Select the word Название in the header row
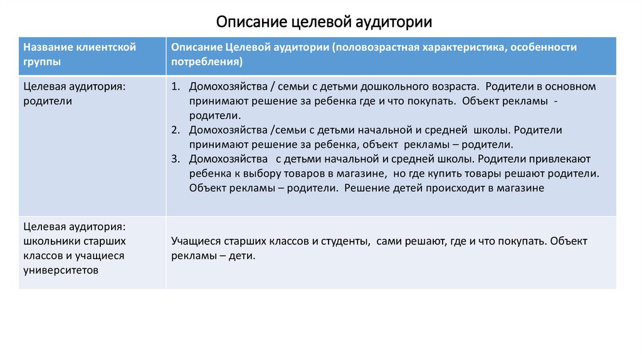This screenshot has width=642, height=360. tap(47, 48)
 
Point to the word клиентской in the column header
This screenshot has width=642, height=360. tap(106, 48)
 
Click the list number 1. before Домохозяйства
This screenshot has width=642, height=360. tap(176, 87)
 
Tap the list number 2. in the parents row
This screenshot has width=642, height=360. tap(176, 130)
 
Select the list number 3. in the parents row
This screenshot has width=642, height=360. tap(176, 159)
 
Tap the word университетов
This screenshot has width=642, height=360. tap(59, 270)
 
